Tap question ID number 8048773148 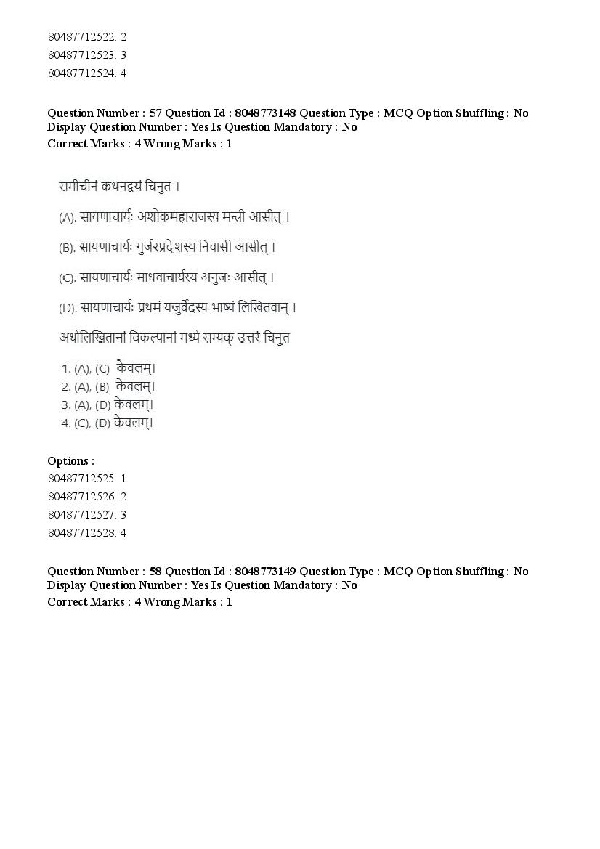click(x=264, y=113)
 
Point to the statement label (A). click(x=68, y=217)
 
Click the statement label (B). click(x=68, y=248)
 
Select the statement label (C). click(x=68, y=277)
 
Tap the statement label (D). click(x=68, y=308)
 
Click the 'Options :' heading click(x=70, y=461)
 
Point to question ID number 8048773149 click(x=264, y=571)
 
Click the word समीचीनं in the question click(x=79, y=187)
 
